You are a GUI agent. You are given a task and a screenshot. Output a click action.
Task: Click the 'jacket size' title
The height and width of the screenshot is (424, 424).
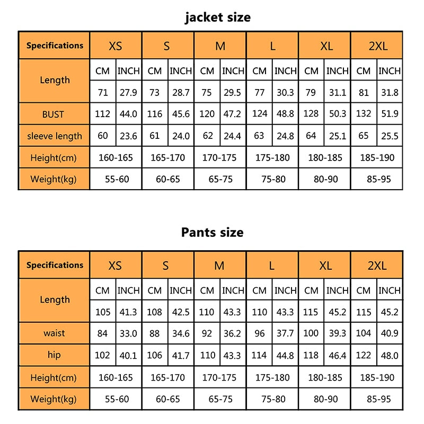pos(218,17)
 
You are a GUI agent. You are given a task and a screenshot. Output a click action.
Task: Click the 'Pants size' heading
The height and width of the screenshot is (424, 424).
pos(212,232)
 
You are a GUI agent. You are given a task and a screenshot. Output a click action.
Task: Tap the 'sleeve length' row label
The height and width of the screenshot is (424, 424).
pos(55,136)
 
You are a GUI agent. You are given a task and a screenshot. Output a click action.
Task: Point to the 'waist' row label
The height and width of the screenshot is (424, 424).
pos(55,333)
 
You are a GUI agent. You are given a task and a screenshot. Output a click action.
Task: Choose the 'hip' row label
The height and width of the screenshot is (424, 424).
pos(55,355)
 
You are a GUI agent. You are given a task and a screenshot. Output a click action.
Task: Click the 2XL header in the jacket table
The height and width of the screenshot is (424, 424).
pos(378,46)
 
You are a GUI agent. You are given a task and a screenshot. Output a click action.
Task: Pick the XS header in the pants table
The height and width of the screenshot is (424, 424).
pos(115,266)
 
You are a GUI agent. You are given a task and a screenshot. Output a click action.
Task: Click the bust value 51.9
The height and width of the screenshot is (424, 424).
pos(390,114)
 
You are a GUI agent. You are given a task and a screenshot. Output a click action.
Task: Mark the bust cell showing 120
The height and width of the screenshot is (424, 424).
pos(207,114)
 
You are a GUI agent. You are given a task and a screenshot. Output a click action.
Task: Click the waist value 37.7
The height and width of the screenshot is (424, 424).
pos(285,333)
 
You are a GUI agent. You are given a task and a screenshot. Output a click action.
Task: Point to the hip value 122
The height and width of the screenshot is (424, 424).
pos(364,355)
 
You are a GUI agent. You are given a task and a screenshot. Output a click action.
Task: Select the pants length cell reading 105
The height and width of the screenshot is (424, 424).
pos(103,312)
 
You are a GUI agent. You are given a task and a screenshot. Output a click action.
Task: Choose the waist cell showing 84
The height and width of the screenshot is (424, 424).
pos(103,333)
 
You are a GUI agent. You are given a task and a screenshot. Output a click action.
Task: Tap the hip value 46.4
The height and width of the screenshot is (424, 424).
pos(337,355)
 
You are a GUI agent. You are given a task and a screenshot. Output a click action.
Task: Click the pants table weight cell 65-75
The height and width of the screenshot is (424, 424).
pos(220,399)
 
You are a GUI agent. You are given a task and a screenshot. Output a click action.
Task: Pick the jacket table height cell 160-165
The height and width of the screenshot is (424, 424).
pos(116,157)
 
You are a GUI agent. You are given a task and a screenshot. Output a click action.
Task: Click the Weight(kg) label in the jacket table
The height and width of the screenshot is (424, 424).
pos(54,179)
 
